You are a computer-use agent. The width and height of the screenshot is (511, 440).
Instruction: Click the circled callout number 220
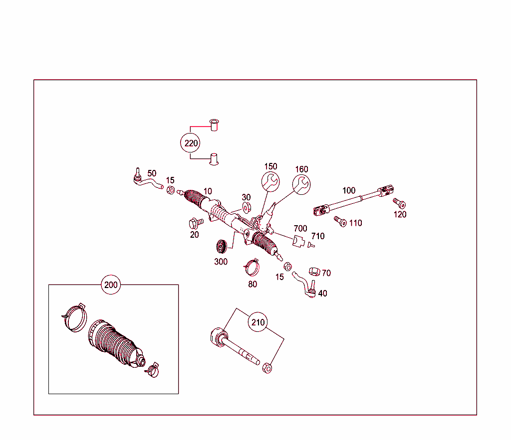point(191,144)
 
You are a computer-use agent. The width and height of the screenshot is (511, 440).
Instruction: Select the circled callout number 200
point(111,285)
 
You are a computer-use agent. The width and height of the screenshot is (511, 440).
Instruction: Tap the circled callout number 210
point(258,322)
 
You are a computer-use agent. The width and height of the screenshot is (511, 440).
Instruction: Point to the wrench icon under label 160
point(301,184)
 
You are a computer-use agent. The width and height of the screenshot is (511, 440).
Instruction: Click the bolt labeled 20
point(195,222)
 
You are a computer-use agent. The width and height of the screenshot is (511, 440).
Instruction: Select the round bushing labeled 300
point(221,247)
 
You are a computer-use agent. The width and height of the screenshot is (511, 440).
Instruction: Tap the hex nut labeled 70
point(314,272)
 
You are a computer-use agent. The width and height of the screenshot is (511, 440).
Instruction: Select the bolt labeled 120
point(399,203)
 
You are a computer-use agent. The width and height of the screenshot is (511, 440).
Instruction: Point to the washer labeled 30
point(246,207)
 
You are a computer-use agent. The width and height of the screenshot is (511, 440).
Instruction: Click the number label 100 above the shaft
point(349,190)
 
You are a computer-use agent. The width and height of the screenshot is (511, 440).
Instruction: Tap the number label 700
point(300,229)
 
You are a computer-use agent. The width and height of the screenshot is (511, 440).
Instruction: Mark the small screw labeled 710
point(310,245)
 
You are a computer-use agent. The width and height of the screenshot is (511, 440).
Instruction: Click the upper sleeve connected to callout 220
point(215,124)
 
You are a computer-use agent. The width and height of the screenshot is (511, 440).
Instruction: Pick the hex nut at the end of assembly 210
point(267,368)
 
